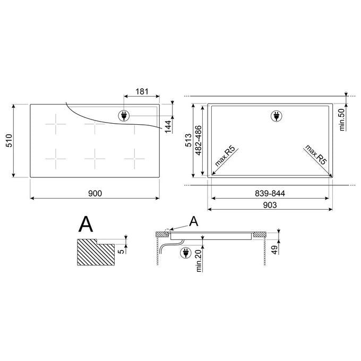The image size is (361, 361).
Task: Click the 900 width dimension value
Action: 95,193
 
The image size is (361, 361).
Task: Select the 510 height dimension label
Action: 9,141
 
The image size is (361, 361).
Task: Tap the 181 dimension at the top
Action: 142,91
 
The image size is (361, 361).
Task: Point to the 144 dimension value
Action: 168,126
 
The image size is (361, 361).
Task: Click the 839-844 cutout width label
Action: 270,193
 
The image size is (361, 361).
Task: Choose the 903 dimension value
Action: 270,205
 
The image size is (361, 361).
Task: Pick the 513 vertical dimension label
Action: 188,140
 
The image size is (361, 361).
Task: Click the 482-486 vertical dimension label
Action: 198,141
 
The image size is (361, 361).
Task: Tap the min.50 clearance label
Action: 342,120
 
